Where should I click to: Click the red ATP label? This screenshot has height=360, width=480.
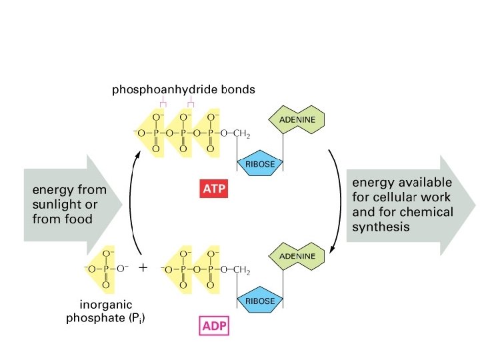(214, 189)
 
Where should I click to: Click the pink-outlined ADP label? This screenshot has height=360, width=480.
(214, 327)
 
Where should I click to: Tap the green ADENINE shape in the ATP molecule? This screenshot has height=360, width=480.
(297, 120)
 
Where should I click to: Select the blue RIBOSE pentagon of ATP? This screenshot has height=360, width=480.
(260, 165)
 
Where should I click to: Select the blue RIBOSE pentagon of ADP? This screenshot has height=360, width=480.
(260, 301)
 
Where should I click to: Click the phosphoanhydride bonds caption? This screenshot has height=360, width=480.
(183, 89)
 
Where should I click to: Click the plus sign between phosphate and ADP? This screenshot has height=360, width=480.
(143, 268)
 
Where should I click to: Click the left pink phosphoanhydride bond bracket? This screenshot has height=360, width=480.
(162, 103)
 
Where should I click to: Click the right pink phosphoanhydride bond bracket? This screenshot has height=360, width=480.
(191, 103)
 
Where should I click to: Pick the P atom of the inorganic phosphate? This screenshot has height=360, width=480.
(105, 270)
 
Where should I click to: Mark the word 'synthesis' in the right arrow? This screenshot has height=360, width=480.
(378, 227)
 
